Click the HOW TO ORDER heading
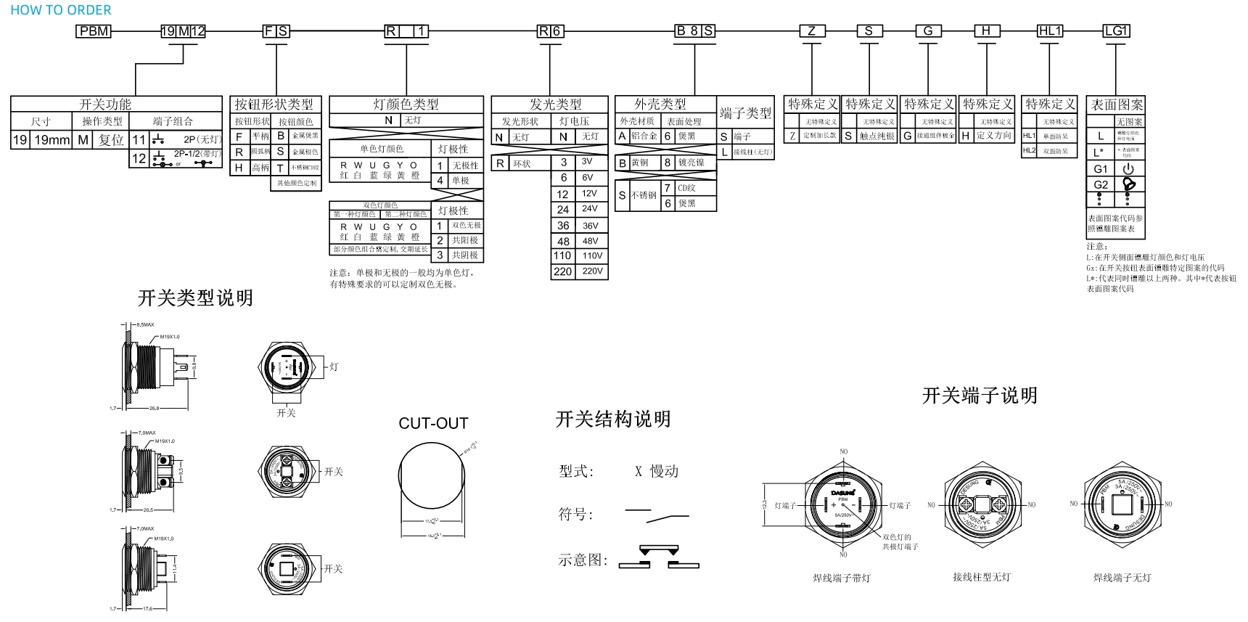pos(61,10)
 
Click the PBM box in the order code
pos(94,31)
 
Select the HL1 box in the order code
pos(1050,31)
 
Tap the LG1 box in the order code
pos(1116,31)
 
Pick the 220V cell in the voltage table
pos(592,271)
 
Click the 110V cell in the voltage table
pos(592,255)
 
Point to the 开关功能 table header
pos(105,105)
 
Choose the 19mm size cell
pos(52,140)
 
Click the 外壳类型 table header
pos(660,105)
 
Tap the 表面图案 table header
pos(1116,105)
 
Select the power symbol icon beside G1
pos(1128,168)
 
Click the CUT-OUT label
pos(433,423)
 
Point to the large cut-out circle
pos(432,472)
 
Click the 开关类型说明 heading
pos(195,298)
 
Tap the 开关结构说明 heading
pos(612,419)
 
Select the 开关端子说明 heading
pos(979,396)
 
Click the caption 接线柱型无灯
pos(981,577)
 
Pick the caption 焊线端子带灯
pos(841,578)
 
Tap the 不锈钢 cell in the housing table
pos(644,195)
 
